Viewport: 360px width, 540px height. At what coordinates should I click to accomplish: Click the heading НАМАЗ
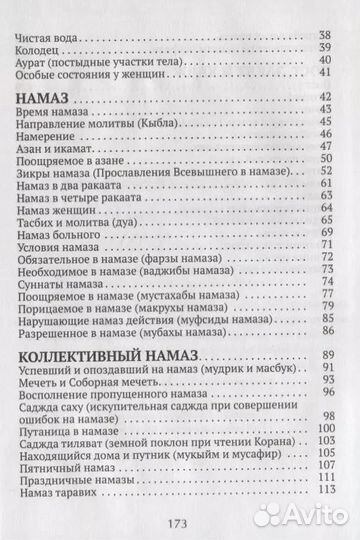pos(45,96)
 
